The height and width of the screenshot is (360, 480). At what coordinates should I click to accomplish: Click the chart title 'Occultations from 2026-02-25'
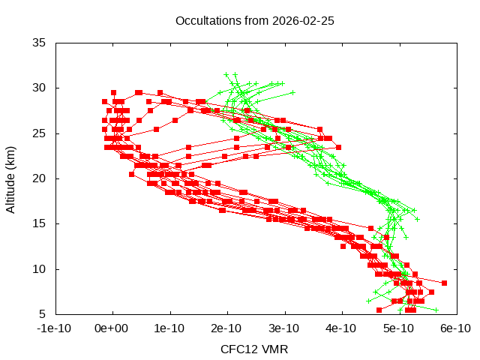pos(254,20)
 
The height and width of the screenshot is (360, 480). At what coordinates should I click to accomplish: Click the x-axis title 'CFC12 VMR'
pos(254,349)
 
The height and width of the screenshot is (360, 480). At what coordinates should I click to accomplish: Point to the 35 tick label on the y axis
pos(40,43)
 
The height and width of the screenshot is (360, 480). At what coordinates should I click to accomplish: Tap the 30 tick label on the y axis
pos(40,88)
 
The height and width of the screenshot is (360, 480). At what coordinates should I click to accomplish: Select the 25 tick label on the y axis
pos(40,133)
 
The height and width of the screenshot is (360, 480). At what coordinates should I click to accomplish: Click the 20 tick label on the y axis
pos(40,178)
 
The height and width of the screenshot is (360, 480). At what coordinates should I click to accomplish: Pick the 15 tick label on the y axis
pos(40,223)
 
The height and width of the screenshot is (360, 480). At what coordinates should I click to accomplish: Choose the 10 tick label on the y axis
pos(40,268)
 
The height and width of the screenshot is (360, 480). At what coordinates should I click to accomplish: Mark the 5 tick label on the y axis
pos(43,313)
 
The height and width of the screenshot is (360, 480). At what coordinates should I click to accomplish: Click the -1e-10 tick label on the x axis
pos(55,328)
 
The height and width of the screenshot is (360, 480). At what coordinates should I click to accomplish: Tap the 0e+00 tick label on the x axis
pos(113,328)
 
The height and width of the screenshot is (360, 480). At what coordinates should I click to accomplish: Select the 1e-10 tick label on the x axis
pos(170,328)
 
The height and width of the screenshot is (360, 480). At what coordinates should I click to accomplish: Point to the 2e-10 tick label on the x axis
pos(227,328)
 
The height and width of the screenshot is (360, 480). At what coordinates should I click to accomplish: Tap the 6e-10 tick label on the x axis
pos(455,328)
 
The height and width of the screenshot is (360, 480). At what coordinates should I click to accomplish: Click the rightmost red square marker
pos(444,283)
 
